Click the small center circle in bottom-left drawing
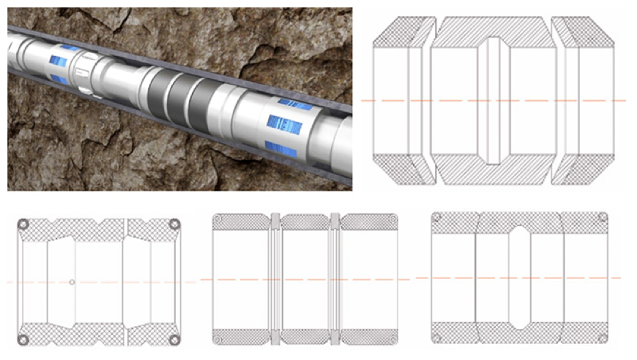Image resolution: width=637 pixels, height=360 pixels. [72, 282]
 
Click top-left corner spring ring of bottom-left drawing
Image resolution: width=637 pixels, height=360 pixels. [23, 224]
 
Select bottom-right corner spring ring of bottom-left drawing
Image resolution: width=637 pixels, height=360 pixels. [174, 340]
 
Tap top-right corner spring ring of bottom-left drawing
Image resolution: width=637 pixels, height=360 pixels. [174, 224]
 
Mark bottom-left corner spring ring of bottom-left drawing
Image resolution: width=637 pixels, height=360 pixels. [23, 340]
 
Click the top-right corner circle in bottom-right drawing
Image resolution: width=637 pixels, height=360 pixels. [602, 217]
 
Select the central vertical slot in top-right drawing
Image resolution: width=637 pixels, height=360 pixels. [494, 101]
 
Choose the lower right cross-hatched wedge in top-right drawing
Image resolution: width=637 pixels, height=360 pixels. [586, 170]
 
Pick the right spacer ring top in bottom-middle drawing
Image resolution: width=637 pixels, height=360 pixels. [335, 217]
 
